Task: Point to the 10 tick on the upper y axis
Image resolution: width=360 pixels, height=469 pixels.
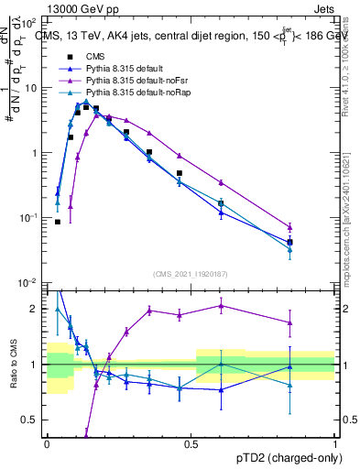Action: [32, 88]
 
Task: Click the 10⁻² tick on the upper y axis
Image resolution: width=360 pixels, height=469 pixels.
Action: [28, 283]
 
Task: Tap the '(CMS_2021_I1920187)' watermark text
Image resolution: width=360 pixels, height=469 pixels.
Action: [191, 273]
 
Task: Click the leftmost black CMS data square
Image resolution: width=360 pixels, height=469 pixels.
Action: [58, 222]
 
